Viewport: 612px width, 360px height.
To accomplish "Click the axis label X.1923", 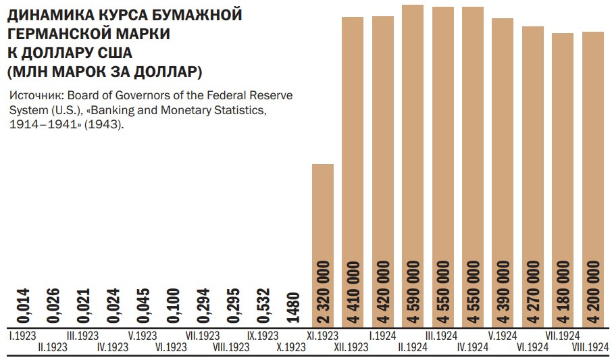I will pyautogui.click(x=291, y=347).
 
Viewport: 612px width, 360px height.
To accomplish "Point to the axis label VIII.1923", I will pyautogui.click(x=232, y=347).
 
